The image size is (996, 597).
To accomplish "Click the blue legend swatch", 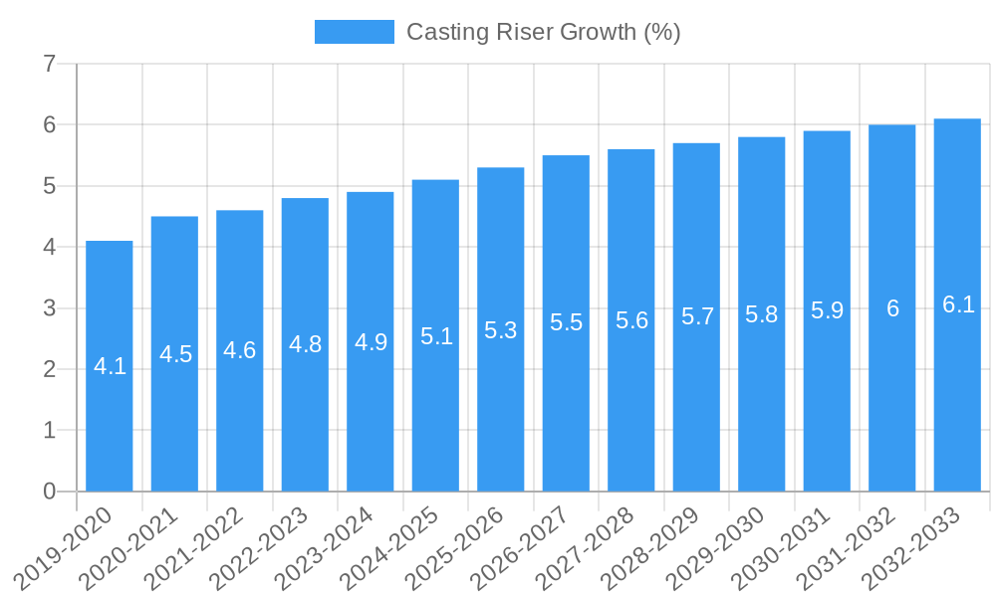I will pyautogui.click(x=354, y=32).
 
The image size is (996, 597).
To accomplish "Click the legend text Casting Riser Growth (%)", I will pyautogui.click(x=543, y=32).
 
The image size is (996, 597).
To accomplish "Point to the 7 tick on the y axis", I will pyautogui.click(x=50, y=65).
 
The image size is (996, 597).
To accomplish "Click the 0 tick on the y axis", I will pyautogui.click(x=50, y=492).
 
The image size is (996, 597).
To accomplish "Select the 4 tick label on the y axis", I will pyautogui.click(x=50, y=248).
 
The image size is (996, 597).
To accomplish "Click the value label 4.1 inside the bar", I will pyautogui.click(x=110, y=366).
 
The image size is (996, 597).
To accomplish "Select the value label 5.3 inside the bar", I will pyautogui.click(x=500, y=330).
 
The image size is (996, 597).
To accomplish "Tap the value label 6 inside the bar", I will pyautogui.click(x=892, y=308).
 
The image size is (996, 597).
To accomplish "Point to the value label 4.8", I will pyautogui.click(x=305, y=344).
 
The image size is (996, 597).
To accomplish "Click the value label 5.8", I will pyautogui.click(x=761, y=314).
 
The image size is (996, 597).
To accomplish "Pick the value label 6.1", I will pyautogui.click(x=957, y=305).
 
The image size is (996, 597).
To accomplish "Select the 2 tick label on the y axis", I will pyautogui.click(x=50, y=369).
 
